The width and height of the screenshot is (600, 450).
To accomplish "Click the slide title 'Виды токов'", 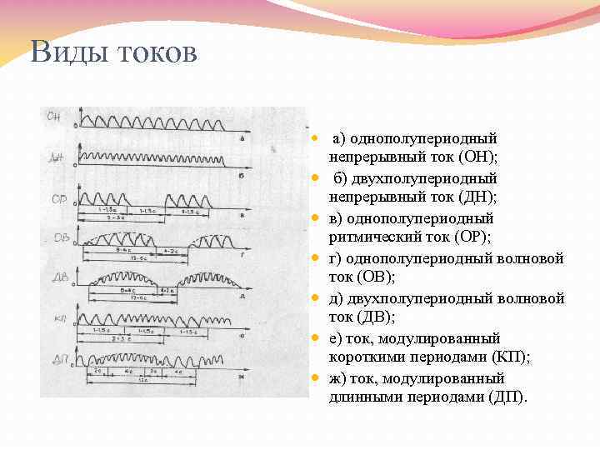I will [x=114, y=52].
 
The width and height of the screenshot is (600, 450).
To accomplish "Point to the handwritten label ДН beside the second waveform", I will [x=58, y=157].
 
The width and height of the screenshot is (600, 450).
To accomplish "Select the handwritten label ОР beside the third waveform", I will [x=58, y=200].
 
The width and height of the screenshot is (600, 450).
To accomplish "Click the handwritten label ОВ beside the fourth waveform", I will [x=61, y=238].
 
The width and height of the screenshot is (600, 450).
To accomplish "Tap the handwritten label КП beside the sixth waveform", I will [x=61, y=320].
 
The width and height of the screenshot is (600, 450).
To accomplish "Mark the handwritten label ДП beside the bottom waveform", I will [x=61, y=359].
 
